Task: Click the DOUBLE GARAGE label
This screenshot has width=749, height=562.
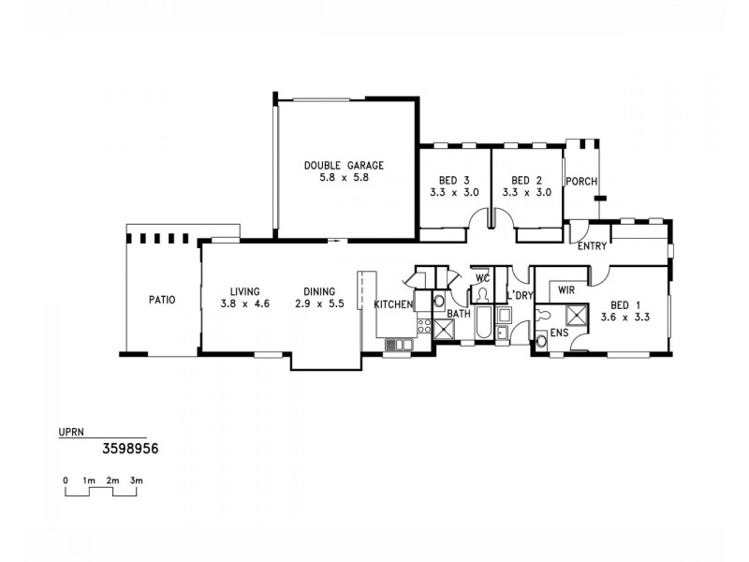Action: (344, 165)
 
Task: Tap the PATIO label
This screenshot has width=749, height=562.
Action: (161, 301)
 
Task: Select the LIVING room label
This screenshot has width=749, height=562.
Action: (241, 291)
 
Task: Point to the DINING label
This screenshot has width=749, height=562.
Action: (320, 291)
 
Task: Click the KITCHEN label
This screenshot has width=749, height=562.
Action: (392, 305)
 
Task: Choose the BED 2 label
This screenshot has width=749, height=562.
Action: (527, 180)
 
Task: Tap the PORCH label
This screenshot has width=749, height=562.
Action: (580, 182)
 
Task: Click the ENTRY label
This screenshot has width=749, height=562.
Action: (594, 247)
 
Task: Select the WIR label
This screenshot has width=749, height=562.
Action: (566, 291)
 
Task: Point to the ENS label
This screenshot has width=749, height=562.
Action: (558, 333)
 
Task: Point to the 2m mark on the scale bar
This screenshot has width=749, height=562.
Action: (113, 480)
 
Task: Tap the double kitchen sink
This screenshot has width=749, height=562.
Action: (397, 346)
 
